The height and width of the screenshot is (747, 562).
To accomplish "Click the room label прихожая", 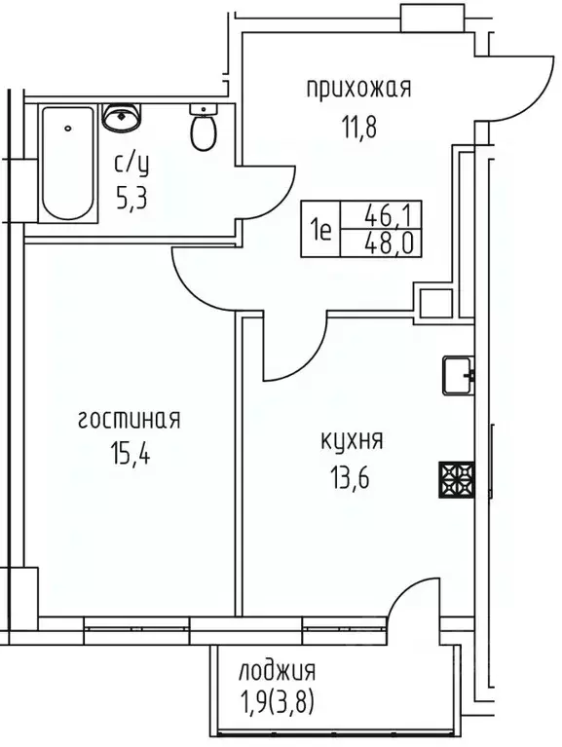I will (x=358, y=90).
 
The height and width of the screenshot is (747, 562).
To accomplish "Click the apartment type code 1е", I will (x=320, y=232).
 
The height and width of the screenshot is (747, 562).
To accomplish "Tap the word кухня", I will (x=351, y=440).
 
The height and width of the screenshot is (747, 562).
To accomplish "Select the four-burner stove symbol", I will (x=455, y=477).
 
